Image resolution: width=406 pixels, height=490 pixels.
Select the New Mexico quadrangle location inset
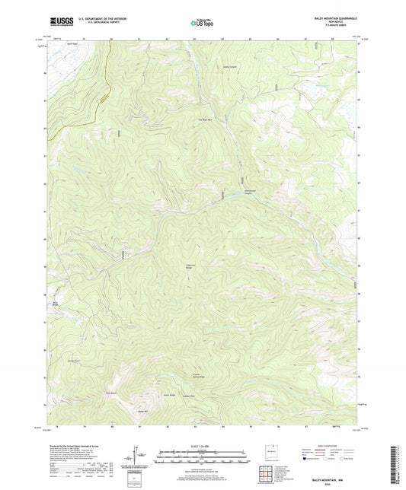point(265,450)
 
